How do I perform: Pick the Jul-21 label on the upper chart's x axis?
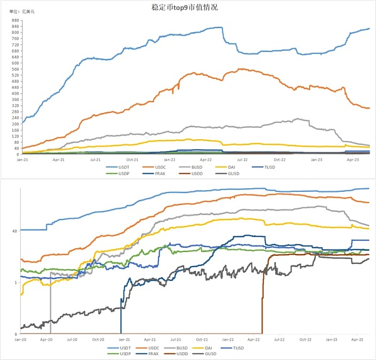click(x=95, y=159)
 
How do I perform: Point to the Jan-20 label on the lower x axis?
click(x=22, y=339)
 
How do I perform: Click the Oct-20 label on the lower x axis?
click(x=98, y=339)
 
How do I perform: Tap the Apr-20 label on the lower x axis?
click(x=46, y=339)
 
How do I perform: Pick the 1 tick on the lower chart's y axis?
click(x=15, y=282)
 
